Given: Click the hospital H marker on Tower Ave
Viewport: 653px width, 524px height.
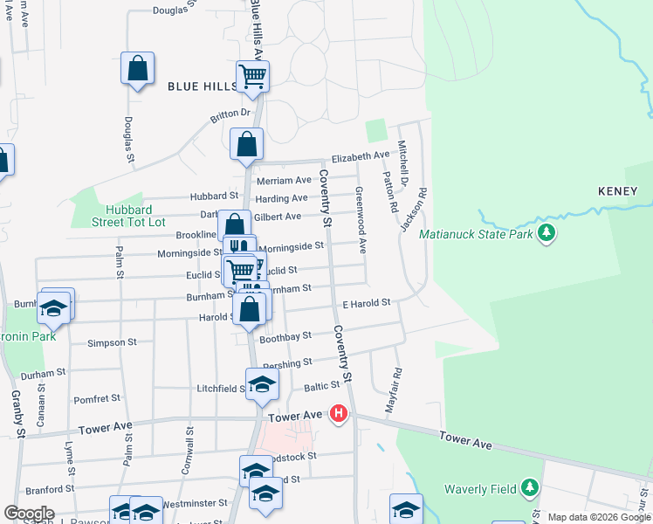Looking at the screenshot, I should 339,415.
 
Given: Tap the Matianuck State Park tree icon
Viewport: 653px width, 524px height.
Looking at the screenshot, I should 546,233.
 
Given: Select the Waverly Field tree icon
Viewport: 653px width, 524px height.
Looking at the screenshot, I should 529,486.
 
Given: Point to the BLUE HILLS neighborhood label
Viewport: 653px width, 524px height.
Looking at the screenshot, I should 203,86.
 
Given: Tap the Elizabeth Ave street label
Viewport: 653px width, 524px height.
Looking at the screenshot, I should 360,156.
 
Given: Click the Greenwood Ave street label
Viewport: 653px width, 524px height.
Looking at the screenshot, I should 361,218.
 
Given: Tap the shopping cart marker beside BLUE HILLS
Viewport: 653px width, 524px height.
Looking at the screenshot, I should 252,77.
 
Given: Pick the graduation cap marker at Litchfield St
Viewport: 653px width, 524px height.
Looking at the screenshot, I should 262,384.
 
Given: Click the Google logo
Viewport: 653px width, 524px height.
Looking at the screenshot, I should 29,514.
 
